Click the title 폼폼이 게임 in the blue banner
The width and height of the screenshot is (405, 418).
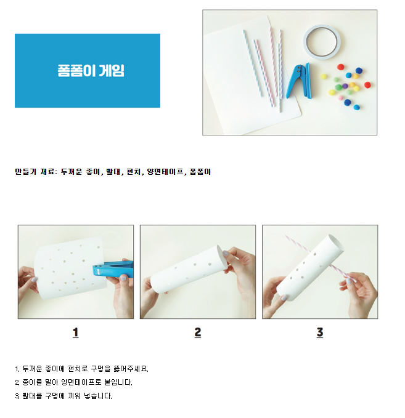point(91,71)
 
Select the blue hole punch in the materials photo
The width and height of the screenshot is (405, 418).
point(299,81)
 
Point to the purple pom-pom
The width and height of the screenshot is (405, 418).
point(345,86)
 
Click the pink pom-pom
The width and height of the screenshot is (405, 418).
point(340,98)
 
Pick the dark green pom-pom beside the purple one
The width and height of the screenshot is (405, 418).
point(338,87)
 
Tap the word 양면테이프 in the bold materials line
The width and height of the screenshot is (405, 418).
point(165,172)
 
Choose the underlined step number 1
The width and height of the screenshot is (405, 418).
point(76,332)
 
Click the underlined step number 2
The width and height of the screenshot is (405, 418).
point(197,332)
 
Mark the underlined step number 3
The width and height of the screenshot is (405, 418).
point(320,332)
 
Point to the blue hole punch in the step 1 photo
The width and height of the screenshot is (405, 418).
point(113,268)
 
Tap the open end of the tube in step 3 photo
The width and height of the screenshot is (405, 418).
point(336,243)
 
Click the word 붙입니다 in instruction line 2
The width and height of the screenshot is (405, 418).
point(118,382)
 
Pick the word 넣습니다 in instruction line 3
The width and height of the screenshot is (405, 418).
point(98,396)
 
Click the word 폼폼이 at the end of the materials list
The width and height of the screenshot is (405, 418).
point(200,172)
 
